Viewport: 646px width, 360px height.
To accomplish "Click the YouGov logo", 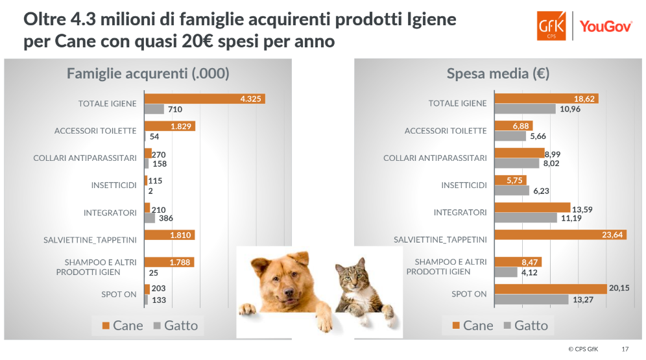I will coord(606,27).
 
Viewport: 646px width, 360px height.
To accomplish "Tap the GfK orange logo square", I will coord(551,27).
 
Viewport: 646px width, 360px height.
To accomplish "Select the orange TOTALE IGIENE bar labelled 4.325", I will coord(204,99).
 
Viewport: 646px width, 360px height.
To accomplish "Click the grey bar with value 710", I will coord(154,109).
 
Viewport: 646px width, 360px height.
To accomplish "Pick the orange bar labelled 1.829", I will coord(169,126).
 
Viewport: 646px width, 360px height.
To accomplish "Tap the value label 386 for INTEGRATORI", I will coord(166,218).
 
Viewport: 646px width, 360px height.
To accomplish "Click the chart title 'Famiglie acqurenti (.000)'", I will coord(148,73).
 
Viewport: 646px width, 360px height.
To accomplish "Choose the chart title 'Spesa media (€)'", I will coord(498,73).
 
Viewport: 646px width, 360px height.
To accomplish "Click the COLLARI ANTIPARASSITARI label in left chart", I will coord(84,158).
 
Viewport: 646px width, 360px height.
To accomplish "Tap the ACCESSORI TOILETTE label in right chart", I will coord(445,131).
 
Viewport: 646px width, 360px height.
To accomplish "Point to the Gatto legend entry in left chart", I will coord(175,326).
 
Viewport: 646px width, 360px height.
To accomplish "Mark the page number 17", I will coord(625,349).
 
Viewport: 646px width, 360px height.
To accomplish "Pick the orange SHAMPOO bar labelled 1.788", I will coord(169,262).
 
